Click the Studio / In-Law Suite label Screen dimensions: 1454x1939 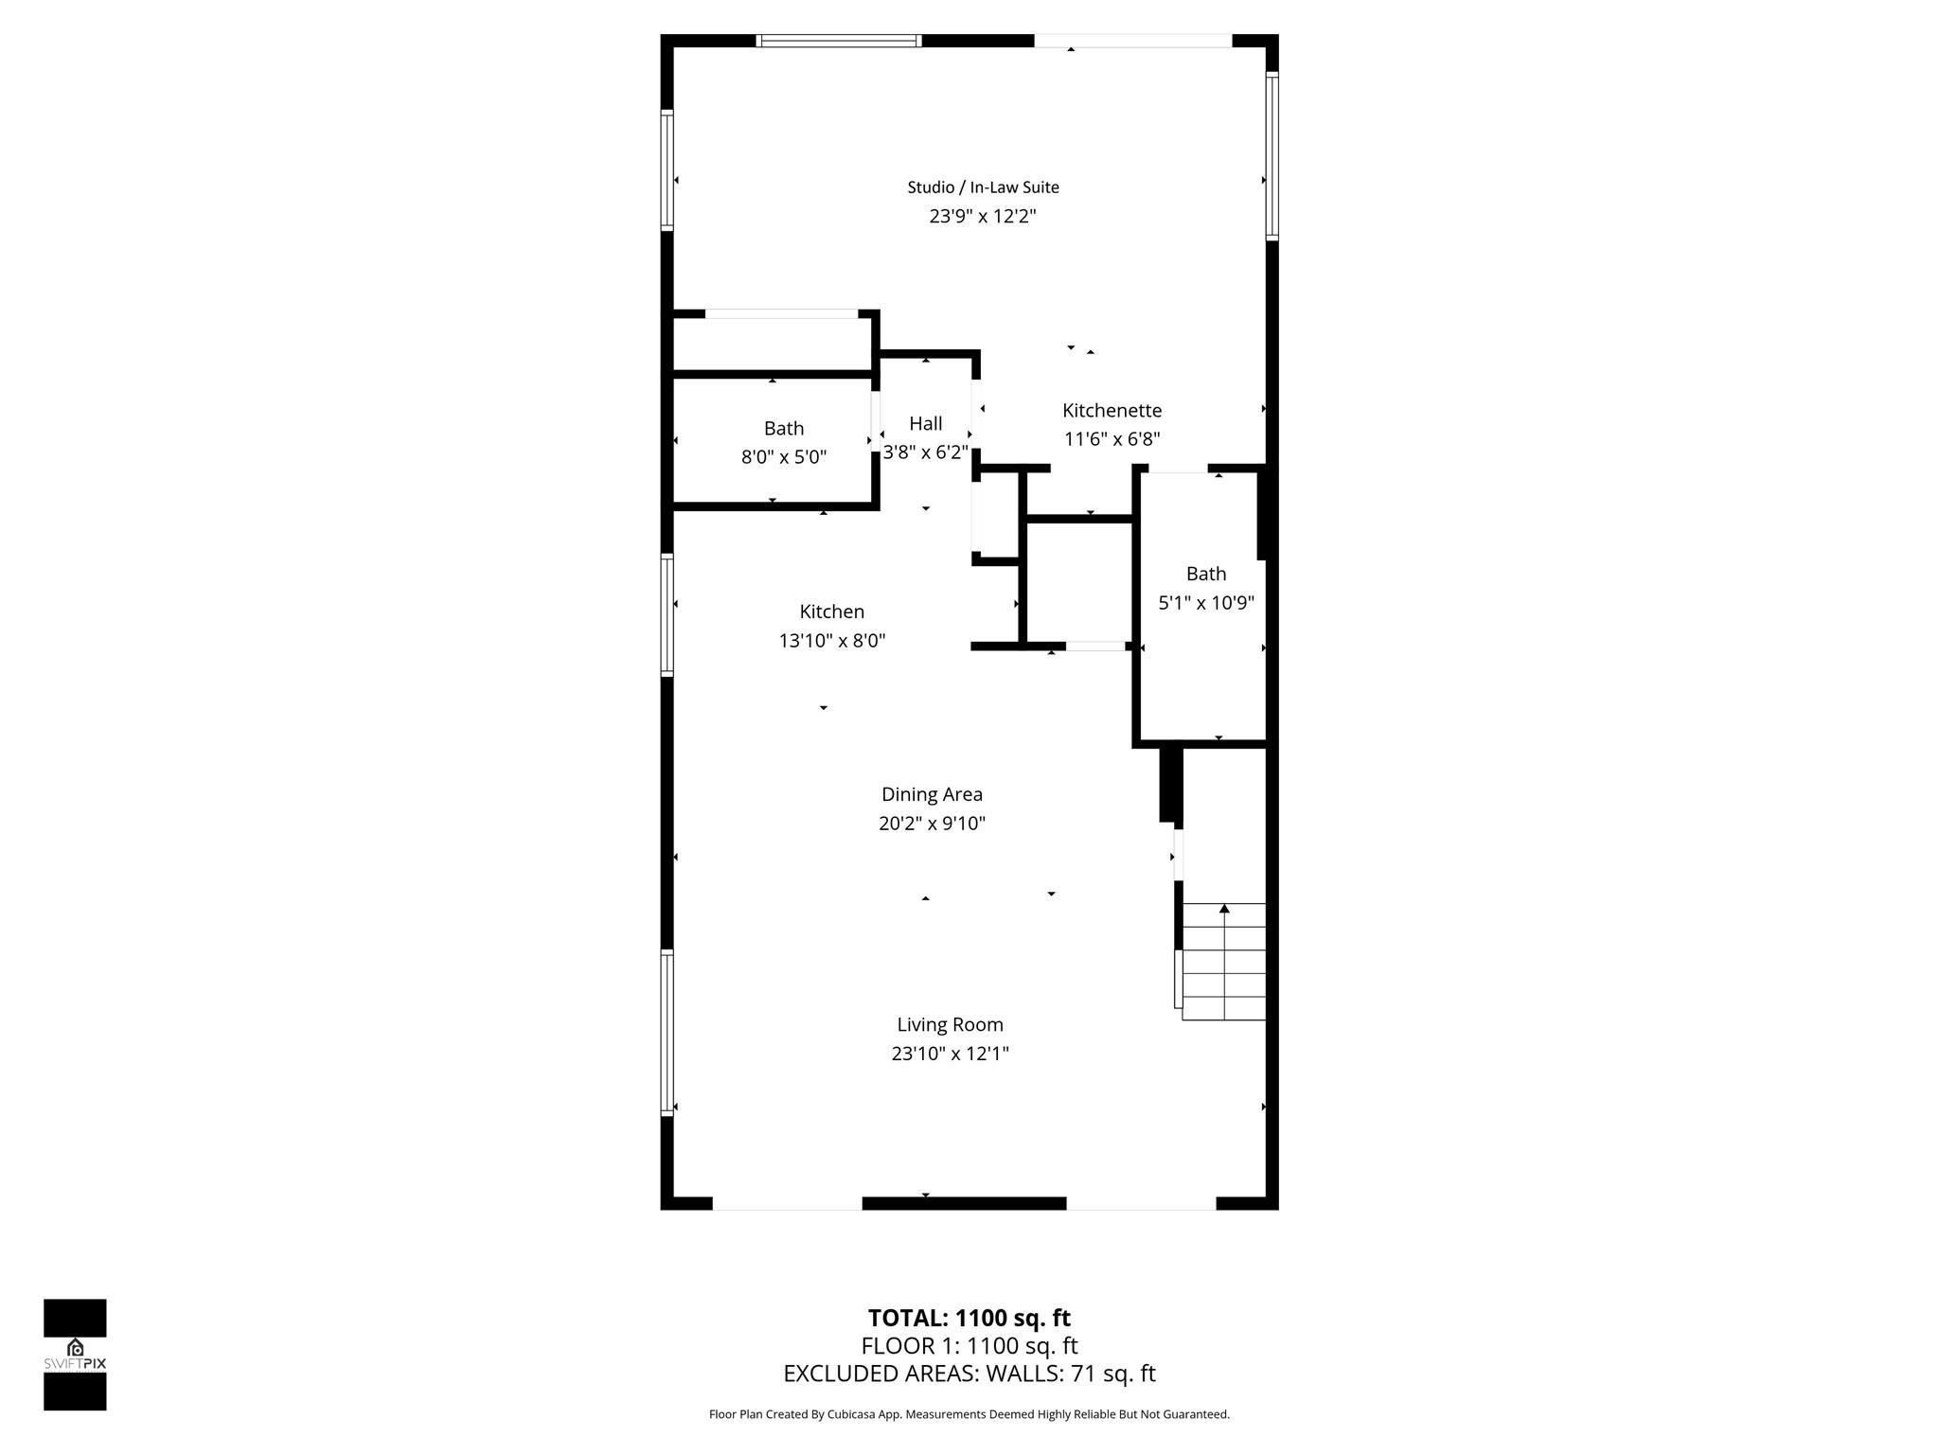(x=983, y=187)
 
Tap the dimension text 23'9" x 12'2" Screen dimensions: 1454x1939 (x=983, y=217)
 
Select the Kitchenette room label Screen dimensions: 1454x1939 (x=1112, y=411)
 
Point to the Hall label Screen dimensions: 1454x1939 (x=926, y=424)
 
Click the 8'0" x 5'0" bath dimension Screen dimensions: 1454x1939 (x=784, y=457)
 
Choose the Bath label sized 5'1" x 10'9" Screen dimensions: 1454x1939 (x=1206, y=574)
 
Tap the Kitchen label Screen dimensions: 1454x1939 (x=832, y=612)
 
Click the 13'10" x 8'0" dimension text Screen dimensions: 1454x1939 (x=832, y=641)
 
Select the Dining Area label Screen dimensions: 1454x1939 (x=932, y=794)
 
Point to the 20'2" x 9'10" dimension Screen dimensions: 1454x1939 (x=932, y=824)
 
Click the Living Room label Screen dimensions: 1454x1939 (x=950, y=1024)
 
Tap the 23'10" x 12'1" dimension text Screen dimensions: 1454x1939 (x=950, y=1054)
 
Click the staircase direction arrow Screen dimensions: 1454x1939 (x=1224, y=910)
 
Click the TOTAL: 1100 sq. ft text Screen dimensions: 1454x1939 (x=969, y=1318)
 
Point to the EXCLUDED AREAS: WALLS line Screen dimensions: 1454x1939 (x=969, y=1374)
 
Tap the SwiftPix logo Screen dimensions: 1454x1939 (x=75, y=1355)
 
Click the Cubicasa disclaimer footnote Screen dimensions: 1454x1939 (x=969, y=1414)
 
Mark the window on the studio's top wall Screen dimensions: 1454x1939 (x=839, y=41)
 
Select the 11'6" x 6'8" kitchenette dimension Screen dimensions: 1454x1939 (x=1112, y=439)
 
